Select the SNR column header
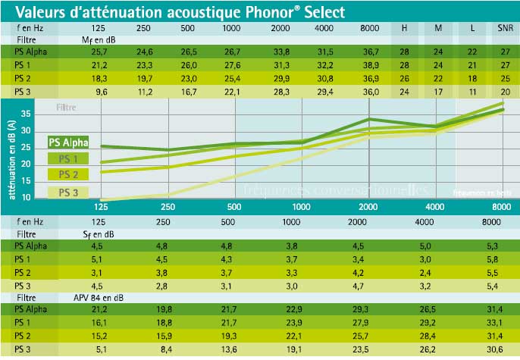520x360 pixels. click(x=504, y=28)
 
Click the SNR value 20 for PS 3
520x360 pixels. click(x=504, y=92)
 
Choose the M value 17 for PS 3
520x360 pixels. click(x=437, y=92)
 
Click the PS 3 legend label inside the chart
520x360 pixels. click(x=68, y=193)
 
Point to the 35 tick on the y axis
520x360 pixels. click(x=25, y=114)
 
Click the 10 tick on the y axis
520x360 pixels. click(x=25, y=197)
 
